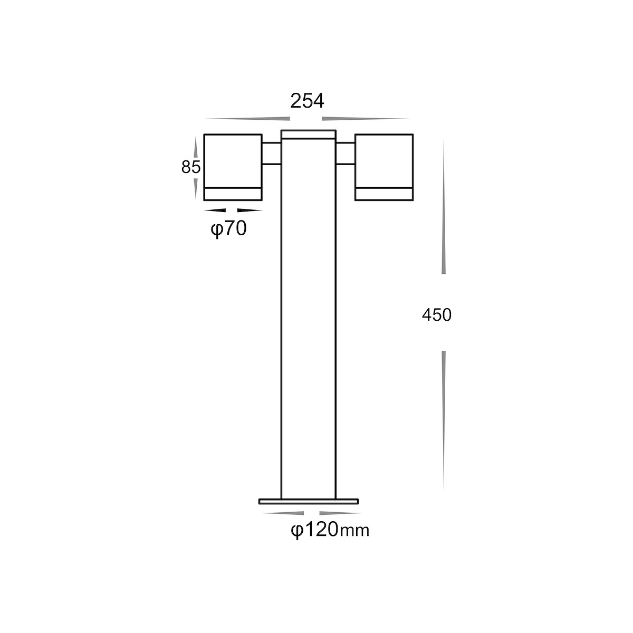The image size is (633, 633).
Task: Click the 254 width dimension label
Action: (x=307, y=101)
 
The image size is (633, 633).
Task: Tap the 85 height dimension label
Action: (x=191, y=167)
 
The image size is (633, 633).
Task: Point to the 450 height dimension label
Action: (x=437, y=315)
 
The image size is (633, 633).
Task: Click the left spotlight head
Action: (x=233, y=167)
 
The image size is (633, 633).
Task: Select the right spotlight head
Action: (x=384, y=167)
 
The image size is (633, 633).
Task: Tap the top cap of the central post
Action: (x=309, y=135)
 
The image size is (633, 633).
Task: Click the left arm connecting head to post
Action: (x=271, y=153)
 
